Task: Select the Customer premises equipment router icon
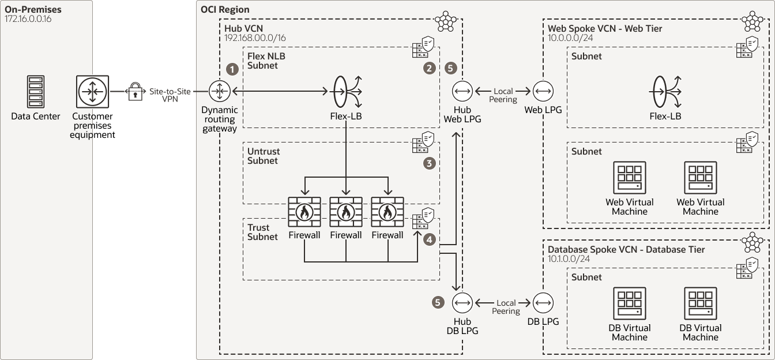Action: [x=92, y=91]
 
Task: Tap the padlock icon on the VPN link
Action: [x=134, y=91]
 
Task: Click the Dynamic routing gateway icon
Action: [x=220, y=91]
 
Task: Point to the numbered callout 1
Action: [x=232, y=69]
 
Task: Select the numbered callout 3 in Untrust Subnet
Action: [x=428, y=163]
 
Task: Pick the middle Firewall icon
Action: [x=346, y=212]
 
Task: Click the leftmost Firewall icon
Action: [x=304, y=212]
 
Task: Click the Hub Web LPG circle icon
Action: [x=463, y=91]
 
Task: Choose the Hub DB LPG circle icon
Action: [x=463, y=302]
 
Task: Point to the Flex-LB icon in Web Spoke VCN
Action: [x=666, y=91]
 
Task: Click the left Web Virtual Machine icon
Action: [x=630, y=178]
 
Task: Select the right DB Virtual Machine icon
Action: [x=701, y=304]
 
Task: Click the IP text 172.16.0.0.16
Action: [x=29, y=20]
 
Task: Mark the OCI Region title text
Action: [x=225, y=10]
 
